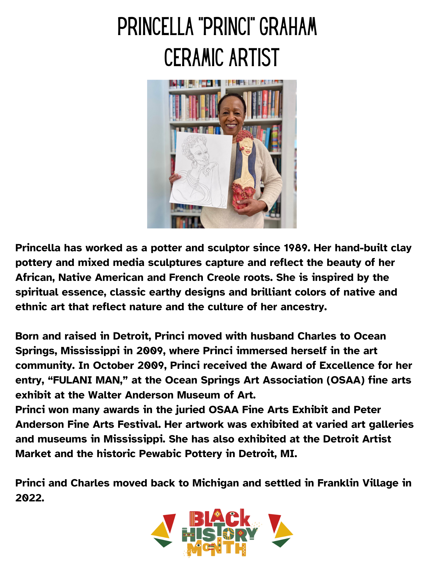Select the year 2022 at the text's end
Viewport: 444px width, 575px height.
click(x=30, y=498)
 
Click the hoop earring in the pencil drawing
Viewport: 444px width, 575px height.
click(x=195, y=164)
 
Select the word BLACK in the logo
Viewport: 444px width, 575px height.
click(x=220, y=518)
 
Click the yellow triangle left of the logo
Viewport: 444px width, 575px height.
click(x=161, y=532)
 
